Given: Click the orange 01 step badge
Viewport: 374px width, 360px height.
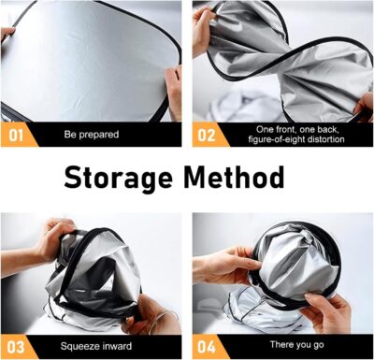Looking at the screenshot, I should (x=15, y=134).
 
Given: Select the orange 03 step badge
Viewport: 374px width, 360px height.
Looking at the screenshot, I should (x=15, y=345).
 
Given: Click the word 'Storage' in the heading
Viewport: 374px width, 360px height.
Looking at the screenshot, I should (x=120, y=176).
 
